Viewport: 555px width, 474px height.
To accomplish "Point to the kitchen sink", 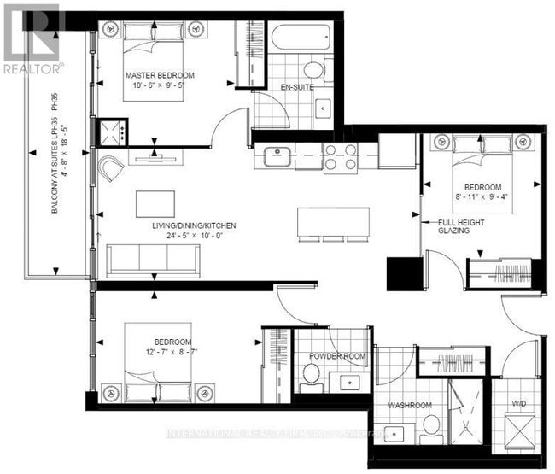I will [277, 156].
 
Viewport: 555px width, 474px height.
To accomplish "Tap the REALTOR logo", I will [32, 38].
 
